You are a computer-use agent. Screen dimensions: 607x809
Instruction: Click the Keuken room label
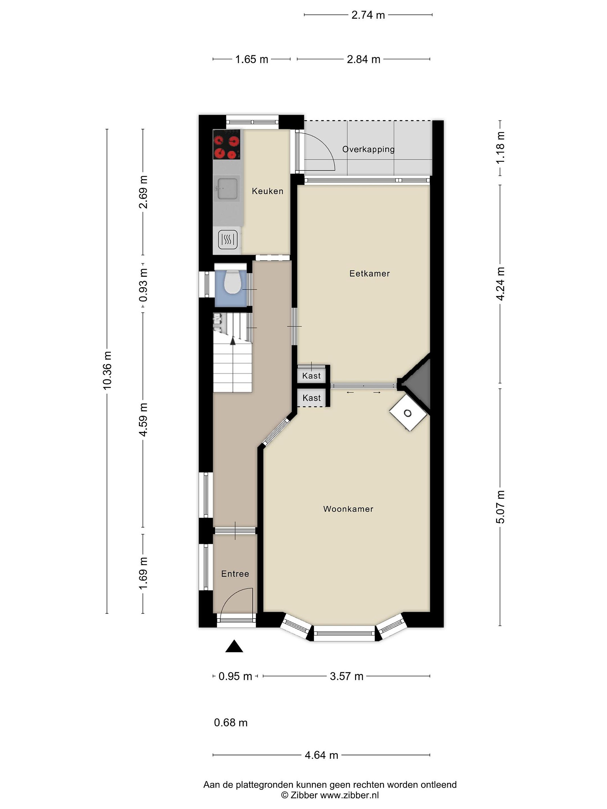click(268, 191)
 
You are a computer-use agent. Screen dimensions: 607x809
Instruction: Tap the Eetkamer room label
click(370, 273)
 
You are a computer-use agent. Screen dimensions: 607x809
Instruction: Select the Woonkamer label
click(348, 509)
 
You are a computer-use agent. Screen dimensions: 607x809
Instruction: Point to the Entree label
click(235, 574)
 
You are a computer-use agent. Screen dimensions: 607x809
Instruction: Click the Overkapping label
click(368, 149)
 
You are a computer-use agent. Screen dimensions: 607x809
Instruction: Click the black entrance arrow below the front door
click(234, 646)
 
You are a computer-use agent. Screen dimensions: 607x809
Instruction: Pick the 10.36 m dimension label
click(107, 371)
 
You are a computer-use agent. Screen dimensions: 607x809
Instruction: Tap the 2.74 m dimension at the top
click(368, 15)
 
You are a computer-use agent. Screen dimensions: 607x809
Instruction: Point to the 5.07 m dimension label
click(500, 507)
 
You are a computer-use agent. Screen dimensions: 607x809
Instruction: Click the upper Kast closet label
click(311, 376)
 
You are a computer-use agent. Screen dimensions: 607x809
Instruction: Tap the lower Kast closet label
click(311, 398)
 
